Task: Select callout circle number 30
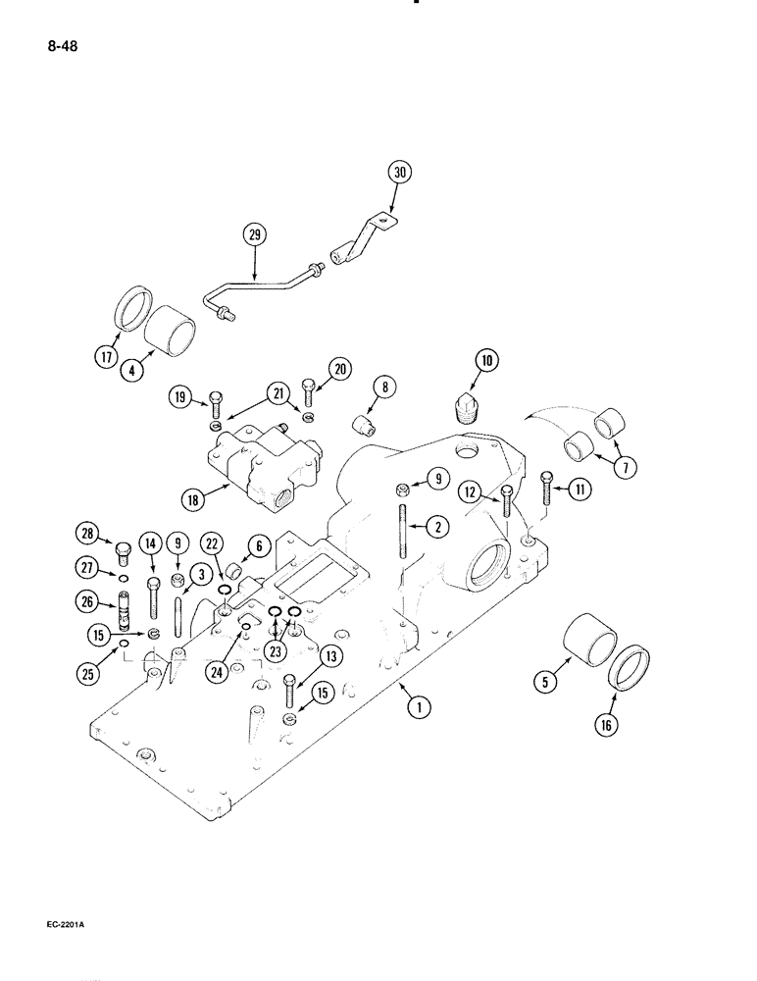pos(399,173)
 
